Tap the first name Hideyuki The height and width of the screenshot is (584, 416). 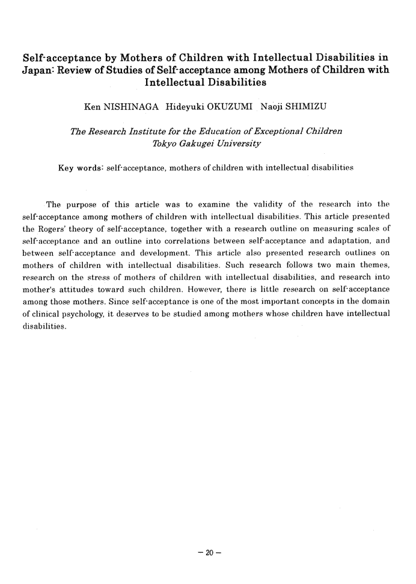[180, 109]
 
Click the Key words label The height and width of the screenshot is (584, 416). [81, 168]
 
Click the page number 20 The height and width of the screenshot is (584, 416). [208, 553]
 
